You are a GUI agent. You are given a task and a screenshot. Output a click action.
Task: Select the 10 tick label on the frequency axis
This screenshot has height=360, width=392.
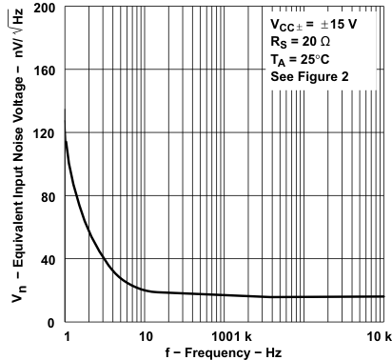tap(146, 337)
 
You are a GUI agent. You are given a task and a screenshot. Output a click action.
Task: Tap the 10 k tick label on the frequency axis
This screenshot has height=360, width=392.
tap(379, 337)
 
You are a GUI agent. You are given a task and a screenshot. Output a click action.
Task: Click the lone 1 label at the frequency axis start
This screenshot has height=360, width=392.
tap(66, 337)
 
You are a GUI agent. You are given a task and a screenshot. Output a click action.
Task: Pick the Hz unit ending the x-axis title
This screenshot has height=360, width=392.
tap(272, 351)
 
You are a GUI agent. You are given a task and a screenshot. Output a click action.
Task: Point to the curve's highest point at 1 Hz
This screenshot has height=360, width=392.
tap(65, 139)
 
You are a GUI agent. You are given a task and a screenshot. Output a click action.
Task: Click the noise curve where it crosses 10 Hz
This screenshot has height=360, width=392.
tap(146, 290)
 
